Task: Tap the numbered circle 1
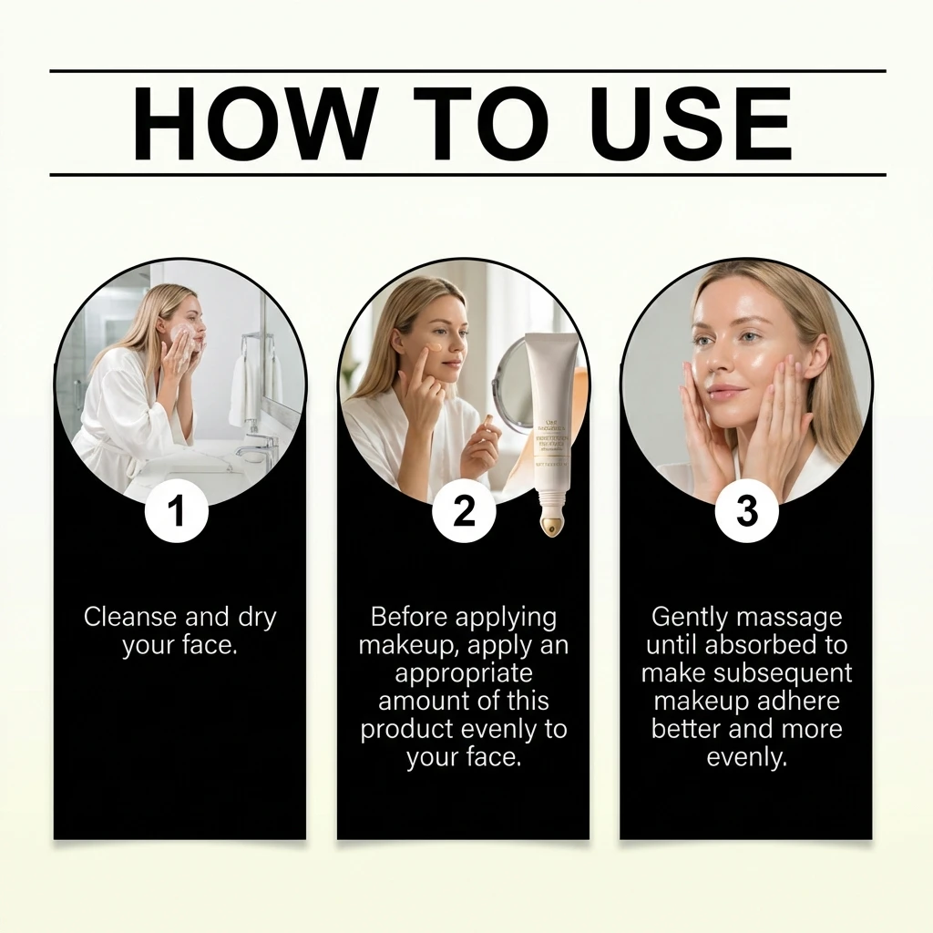(177, 511)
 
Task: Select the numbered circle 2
(464, 511)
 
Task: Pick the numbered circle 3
(746, 511)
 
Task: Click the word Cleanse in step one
(131, 617)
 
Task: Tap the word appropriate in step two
(464, 673)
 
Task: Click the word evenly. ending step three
(746, 757)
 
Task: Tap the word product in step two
(406, 730)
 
